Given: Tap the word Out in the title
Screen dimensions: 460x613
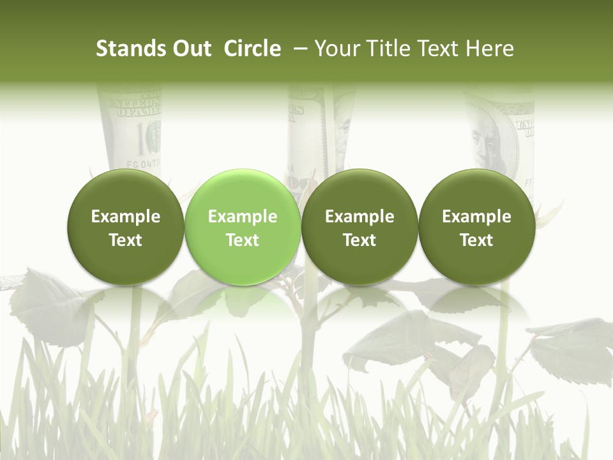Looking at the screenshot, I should pyautogui.click(x=190, y=49).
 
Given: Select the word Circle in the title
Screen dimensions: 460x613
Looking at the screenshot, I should pyautogui.click(x=252, y=49).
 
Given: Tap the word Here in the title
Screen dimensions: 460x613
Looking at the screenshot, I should pyautogui.click(x=490, y=49).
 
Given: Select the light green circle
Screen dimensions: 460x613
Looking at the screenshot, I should pyautogui.click(x=242, y=226).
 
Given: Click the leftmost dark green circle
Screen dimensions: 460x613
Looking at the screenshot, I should pyautogui.click(x=125, y=226).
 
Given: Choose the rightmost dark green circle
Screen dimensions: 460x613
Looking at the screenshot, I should pyautogui.click(x=476, y=226).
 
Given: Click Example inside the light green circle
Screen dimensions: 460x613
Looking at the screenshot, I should pyautogui.click(x=243, y=217).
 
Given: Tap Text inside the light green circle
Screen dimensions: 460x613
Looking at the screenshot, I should pyautogui.click(x=243, y=240).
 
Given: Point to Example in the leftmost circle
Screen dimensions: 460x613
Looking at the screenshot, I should pyautogui.click(x=126, y=217).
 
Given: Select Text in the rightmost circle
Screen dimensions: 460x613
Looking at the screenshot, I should pyautogui.click(x=476, y=240).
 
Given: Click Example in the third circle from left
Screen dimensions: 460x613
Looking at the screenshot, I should pyautogui.click(x=359, y=217).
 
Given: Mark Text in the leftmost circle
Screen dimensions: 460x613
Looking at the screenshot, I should pyautogui.click(x=126, y=240).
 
